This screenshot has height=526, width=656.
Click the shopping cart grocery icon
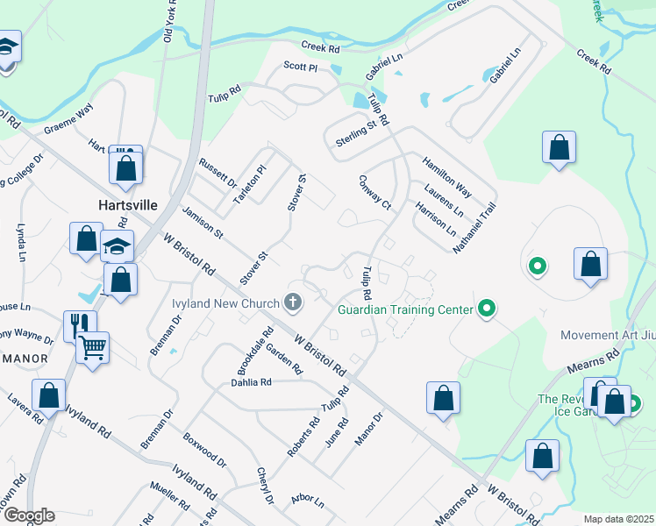(91, 348)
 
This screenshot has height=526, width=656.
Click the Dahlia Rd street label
(252, 382)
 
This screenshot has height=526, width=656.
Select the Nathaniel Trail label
(474, 228)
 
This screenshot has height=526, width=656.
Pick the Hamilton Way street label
(447, 177)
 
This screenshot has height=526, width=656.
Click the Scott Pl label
(299, 66)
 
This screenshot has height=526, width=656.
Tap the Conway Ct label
(374, 191)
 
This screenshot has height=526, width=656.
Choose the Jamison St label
(203, 223)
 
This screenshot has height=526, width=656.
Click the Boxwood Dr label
(204, 449)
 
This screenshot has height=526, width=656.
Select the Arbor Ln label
(308, 501)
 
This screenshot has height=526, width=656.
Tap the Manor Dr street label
(368, 429)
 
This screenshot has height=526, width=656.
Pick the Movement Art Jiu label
(608, 336)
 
